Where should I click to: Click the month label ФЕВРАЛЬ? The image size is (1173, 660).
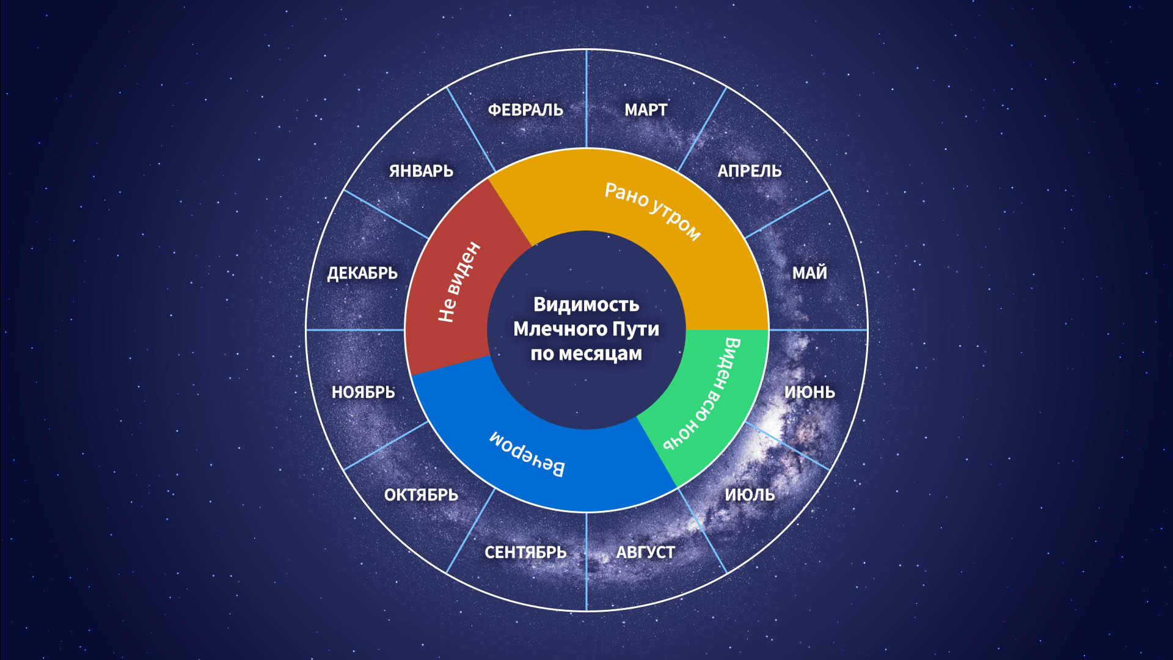click(525, 110)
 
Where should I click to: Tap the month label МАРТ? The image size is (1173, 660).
click(646, 110)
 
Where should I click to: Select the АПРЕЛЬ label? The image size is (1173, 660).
click(750, 171)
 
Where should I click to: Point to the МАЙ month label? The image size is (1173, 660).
click(809, 273)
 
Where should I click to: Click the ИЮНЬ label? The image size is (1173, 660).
click(809, 392)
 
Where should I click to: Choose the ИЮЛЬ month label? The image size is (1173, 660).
click(750, 494)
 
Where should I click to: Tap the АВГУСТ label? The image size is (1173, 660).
click(646, 552)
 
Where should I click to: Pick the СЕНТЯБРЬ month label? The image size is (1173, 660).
click(525, 552)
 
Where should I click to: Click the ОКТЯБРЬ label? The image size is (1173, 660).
click(421, 494)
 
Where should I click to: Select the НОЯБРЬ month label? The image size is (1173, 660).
click(363, 392)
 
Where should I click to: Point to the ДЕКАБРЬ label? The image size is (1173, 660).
click(362, 273)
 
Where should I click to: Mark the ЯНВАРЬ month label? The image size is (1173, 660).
click(421, 171)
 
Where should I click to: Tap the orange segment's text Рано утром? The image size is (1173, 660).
click(652, 211)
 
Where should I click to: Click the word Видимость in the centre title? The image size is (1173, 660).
click(586, 304)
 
